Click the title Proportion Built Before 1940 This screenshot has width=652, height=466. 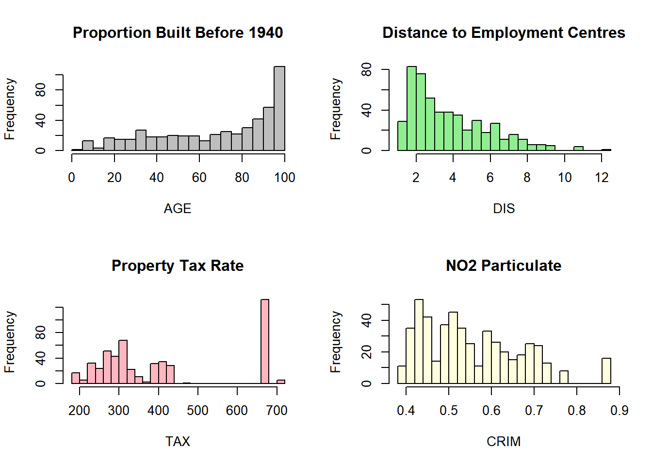[178, 33]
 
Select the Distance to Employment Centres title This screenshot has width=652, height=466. [504, 33]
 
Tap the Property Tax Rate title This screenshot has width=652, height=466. [178, 266]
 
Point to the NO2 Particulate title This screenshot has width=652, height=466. [504, 266]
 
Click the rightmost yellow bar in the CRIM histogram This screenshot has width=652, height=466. [606, 371]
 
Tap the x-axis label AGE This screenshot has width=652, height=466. [178, 209]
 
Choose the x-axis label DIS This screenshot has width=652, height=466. [504, 209]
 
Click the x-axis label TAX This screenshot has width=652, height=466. [178, 442]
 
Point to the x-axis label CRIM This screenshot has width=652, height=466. [504, 442]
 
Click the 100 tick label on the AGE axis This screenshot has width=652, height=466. [285, 178]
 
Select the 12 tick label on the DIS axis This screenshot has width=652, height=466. [602, 178]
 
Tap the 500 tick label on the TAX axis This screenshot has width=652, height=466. [197, 411]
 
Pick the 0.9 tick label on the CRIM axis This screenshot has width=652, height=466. [619, 411]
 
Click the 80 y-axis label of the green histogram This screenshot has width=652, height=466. [367, 70]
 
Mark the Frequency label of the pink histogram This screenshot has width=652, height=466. [10, 342]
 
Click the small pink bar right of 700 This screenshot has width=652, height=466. [281, 382]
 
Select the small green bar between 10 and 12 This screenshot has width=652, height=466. [578, 149]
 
